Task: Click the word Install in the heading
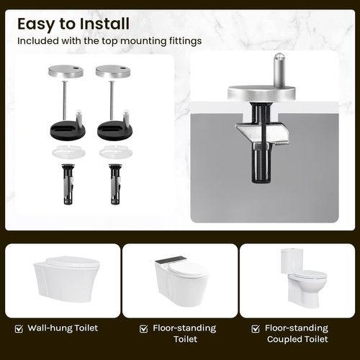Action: tap(104, 24)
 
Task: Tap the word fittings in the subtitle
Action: tap(185, 41)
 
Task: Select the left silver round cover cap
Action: tap(66, 71)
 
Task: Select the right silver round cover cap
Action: tap(113, 71)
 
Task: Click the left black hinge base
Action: tap(68, 130)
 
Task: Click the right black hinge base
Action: tap(114, 130)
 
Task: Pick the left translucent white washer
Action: tap(68, 152)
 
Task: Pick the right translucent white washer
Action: tap(116, 152)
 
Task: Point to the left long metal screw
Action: tap(64, 100)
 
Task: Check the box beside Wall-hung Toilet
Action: tap(19, 328)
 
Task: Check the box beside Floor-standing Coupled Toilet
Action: tap(256, 328)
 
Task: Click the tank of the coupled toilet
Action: tap(293, 261)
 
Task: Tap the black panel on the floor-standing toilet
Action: tap(171, 259)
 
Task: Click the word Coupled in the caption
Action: tap(284, 340)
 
